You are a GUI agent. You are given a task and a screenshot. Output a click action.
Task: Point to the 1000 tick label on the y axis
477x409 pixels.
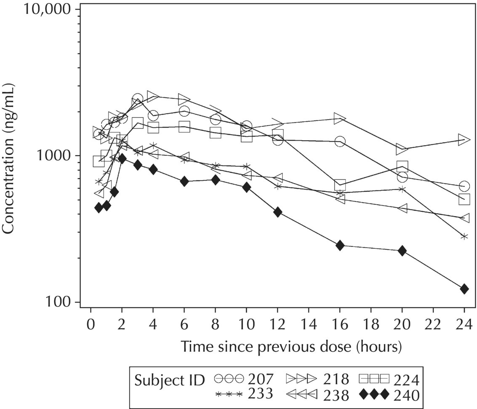[59, 155]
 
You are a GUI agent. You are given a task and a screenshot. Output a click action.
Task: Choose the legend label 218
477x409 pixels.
[336, 379]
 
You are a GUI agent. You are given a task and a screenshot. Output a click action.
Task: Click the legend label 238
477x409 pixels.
[336, 396]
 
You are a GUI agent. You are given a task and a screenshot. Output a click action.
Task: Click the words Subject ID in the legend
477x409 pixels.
[169, 380]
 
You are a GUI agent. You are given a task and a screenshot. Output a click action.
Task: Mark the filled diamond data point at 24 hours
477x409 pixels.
[464, 289]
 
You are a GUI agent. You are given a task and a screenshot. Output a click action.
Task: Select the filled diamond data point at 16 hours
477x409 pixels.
[340, 246]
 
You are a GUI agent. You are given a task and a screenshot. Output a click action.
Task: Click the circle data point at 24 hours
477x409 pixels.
[464, 186]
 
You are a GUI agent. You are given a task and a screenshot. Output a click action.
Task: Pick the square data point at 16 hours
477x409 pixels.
[340, 185]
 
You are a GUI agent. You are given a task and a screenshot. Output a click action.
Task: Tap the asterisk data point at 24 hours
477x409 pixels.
[464, 237]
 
